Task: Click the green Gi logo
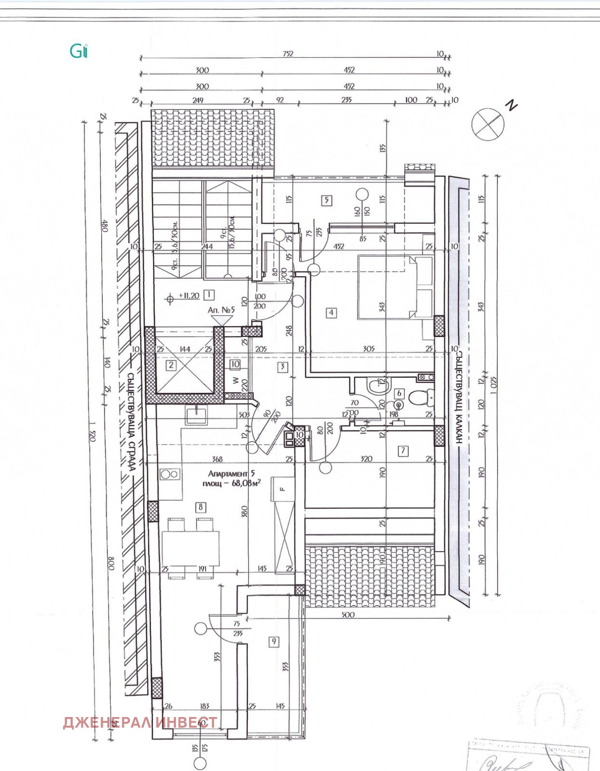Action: coord(79,51)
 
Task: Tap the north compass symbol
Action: coord(488,123)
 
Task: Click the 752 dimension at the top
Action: coord(288,54)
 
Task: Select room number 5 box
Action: coord(327,199)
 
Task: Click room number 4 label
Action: coord(331,312)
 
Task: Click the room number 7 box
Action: coord(403,451)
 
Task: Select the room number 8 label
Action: coord(200,506)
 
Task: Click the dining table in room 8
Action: coord(191,548)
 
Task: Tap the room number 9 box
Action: coord(274,641)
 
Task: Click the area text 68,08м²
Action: coord(246,483)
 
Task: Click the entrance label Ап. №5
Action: coord(221,310)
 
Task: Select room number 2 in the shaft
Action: coord(171,365)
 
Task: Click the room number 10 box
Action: coord(235,364)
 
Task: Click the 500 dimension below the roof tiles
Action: coord(347,614)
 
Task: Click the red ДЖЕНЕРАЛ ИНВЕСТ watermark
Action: coord(140,722)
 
